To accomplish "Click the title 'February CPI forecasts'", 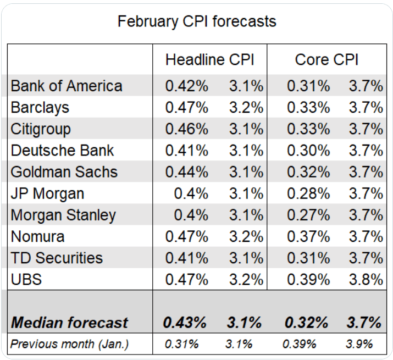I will click(x=197, y=21).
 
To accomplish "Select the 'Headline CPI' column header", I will click(x=209, y=60).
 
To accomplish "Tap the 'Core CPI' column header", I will click(x=326, y=60).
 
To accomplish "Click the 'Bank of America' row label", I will click(x=67, y=86).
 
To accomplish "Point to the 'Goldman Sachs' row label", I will click(x=64, y=172).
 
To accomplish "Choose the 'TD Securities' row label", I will click(x=57, y=258).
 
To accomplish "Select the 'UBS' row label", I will click(x=26, y=279).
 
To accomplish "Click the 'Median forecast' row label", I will click(x=69, y=323).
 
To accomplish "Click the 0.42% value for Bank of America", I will click(x=187, y=86).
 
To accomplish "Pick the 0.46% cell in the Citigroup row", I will click(x=187, y=129).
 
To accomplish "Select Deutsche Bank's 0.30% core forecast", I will click(x=308, y=151).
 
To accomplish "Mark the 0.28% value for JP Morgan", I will click(x=308, y=193).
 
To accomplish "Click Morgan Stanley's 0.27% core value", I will click(x=308, y=215).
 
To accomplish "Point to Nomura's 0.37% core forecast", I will click(x=308, y=236).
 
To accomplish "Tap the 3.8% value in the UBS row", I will click(x=366, y=279).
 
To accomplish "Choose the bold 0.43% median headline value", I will click(x=185, y=323).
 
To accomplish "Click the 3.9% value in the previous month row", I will click(x=359, y=345).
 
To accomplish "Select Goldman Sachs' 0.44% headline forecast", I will click(x=187, y=172).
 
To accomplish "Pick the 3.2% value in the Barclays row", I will click(x=246, y=108).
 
